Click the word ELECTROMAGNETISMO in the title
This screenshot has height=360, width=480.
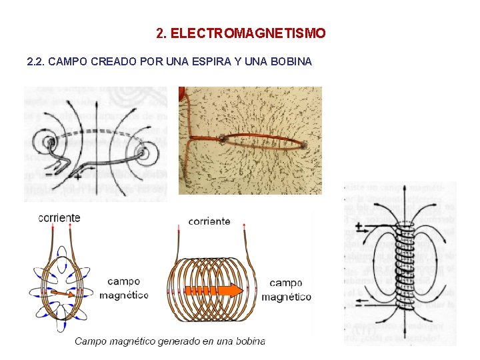(248, 33)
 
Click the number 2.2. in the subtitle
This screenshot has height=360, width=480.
(35, 62)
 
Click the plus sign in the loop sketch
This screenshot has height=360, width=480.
(78, 177)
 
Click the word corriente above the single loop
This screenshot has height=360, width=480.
(59, 217)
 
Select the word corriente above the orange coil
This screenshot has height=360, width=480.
(209, 221)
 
